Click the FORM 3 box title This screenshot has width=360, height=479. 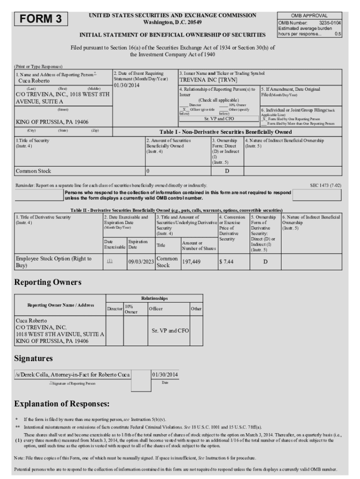tap(41, 19)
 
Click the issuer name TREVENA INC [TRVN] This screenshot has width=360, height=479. tap(209, 80)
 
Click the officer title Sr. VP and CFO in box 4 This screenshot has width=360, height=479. tap(219, 119)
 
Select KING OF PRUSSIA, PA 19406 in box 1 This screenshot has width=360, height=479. tap(52, 122)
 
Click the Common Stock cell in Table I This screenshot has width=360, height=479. tap(34, 171)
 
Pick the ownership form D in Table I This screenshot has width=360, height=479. tap(227, 171)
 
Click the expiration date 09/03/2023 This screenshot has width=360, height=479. tap(141, 262)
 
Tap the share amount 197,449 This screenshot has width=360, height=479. tap(192, 262)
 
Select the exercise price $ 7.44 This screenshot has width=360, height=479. tap(226, 262)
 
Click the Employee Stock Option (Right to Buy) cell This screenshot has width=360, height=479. tap(54, 262)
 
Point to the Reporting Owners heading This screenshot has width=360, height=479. tap(48, 283)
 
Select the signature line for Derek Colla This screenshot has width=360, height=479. tap(72, 375)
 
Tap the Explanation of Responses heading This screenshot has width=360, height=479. tap(62, 403)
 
